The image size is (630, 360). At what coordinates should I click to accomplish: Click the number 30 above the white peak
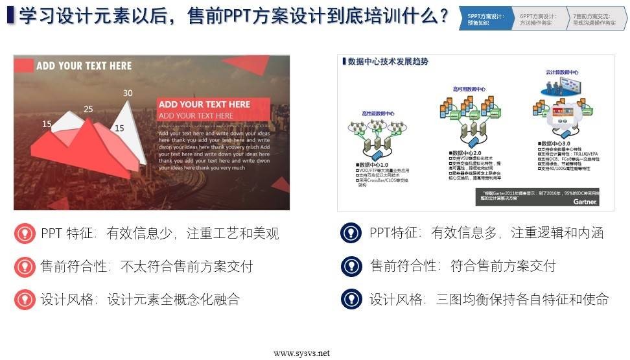[x=128, y=93]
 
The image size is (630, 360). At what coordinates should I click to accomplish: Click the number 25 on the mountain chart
[x=89, y=109]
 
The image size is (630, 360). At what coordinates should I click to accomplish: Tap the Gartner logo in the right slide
[x=585, y=202]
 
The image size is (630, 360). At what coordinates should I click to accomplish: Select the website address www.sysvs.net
[x=301, y=354]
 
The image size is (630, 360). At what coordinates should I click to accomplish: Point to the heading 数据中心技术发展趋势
[x=388, y=62]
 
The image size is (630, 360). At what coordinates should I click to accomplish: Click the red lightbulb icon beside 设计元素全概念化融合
[x=25, y=300]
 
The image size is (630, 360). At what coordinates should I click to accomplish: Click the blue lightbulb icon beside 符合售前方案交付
[x=351, y=266]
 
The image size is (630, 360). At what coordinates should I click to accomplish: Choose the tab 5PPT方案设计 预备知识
[x=486, y=19]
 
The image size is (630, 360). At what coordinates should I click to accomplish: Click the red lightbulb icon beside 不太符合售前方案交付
[x=25, y=266]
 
